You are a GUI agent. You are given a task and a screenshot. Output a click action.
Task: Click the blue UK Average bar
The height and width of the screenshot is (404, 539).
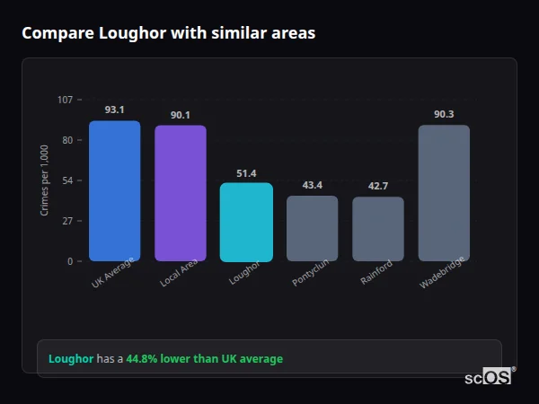point(114,191)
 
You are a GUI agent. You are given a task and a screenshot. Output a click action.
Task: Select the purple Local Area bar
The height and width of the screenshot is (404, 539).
point(180,193)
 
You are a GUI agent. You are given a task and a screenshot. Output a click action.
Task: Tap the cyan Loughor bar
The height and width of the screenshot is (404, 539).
point(246,222)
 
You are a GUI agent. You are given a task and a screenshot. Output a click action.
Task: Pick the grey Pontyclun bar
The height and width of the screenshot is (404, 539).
point(312,228)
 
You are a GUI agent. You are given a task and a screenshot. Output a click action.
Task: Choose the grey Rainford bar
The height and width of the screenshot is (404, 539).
point(377,229)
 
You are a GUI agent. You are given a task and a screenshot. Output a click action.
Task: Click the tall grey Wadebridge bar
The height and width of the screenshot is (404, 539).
point(444,193)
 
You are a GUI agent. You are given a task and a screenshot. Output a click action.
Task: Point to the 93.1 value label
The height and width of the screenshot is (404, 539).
point(114,110)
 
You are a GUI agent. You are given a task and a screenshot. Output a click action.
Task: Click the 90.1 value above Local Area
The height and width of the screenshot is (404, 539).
point(180,115)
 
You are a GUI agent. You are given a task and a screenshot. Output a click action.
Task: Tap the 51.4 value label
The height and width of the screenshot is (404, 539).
point(246,173)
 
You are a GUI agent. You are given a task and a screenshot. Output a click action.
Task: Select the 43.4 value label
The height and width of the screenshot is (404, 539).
point(312,185)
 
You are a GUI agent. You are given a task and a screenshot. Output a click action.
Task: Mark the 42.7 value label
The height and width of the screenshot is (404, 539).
point(377,186)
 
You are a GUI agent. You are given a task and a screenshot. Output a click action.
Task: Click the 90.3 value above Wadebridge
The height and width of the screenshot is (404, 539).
point(444,114)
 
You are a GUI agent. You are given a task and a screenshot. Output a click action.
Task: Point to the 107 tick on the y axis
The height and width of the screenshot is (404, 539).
point(65,100)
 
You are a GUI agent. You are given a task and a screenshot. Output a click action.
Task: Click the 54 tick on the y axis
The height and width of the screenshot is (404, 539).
point(67,180)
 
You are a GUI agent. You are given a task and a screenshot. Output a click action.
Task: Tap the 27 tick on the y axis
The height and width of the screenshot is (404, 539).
point(67,221)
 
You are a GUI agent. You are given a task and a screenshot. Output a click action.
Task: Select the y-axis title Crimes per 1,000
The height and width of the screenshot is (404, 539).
point(45,180)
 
